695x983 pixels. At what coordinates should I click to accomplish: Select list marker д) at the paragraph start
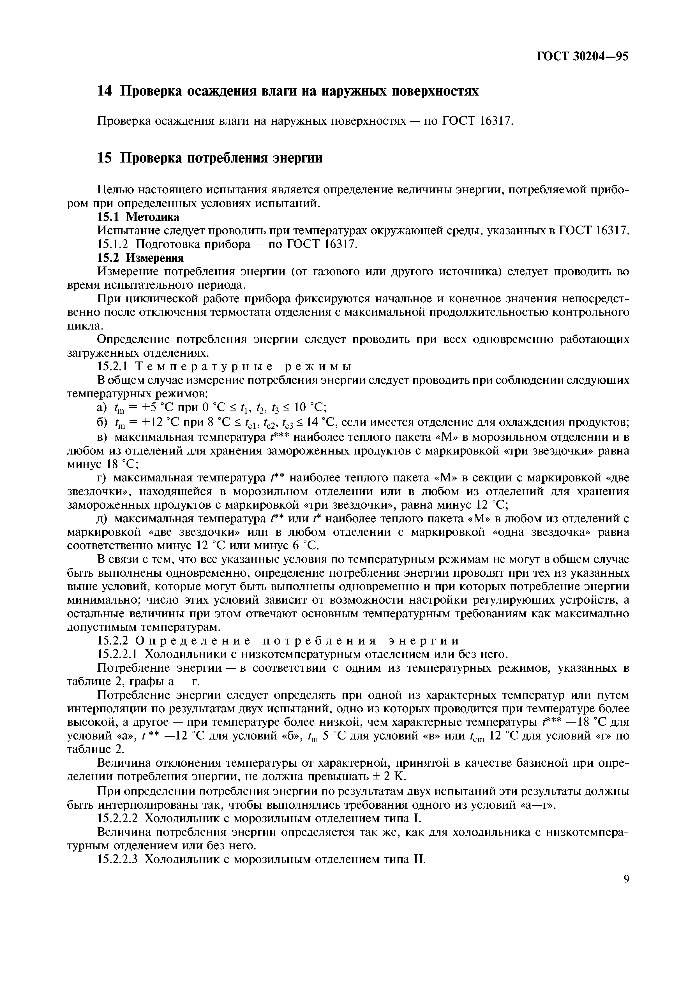tap(103, 519)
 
